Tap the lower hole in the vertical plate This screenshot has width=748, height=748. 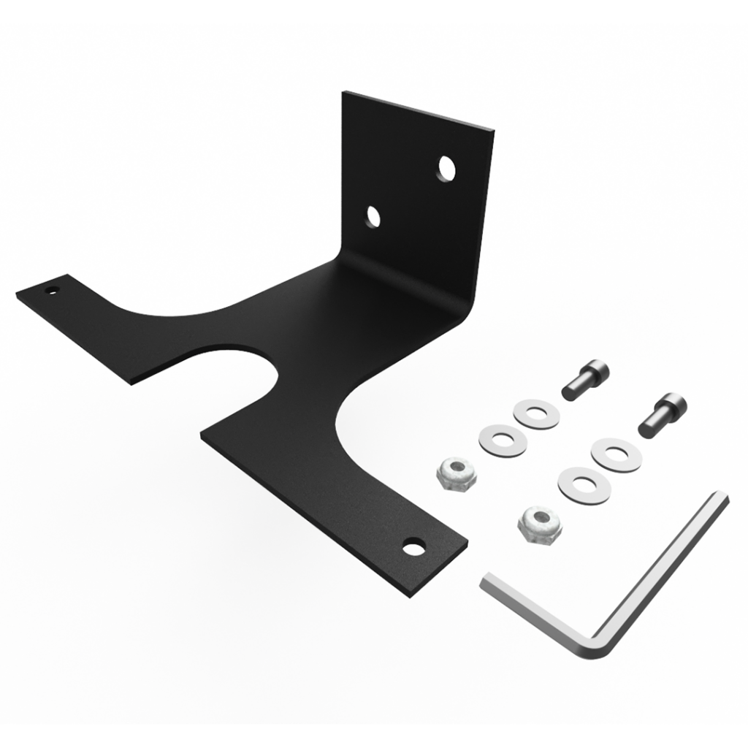click(373, 217)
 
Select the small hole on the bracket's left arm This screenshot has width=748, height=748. click(51, 290)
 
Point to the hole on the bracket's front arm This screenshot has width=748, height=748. click(413, 546)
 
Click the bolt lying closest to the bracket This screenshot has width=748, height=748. click(585, 379)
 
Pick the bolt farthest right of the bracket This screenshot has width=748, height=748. click(662, 415)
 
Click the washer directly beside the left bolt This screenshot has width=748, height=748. click(536, 413)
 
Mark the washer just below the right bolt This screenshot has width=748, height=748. click(617, 454)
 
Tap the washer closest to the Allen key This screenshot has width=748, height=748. click(584, 485)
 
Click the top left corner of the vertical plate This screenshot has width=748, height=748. click(344, 93)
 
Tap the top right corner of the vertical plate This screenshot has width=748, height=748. click(492, 132)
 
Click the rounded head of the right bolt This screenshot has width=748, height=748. click(675, 402)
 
